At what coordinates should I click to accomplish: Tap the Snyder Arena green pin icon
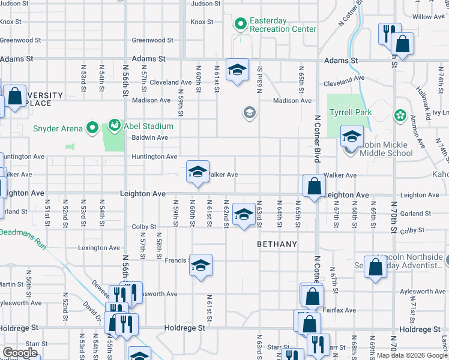[x=92, y=127]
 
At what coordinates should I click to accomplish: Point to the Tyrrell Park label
[x=350, y=112]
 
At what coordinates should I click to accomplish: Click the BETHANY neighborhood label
[x=277, y=244]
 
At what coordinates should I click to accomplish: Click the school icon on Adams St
[x=237, y=70]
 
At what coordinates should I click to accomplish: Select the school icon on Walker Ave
[x=197, y=172]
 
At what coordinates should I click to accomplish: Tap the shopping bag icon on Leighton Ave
[x=314, y=186]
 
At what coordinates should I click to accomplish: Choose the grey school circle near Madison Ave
[x=249, y=112]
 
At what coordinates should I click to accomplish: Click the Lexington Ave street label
[x=99, y=248]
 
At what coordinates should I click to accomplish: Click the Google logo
[x=20, y=353]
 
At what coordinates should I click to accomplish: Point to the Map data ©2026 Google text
[x=412, y=355]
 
